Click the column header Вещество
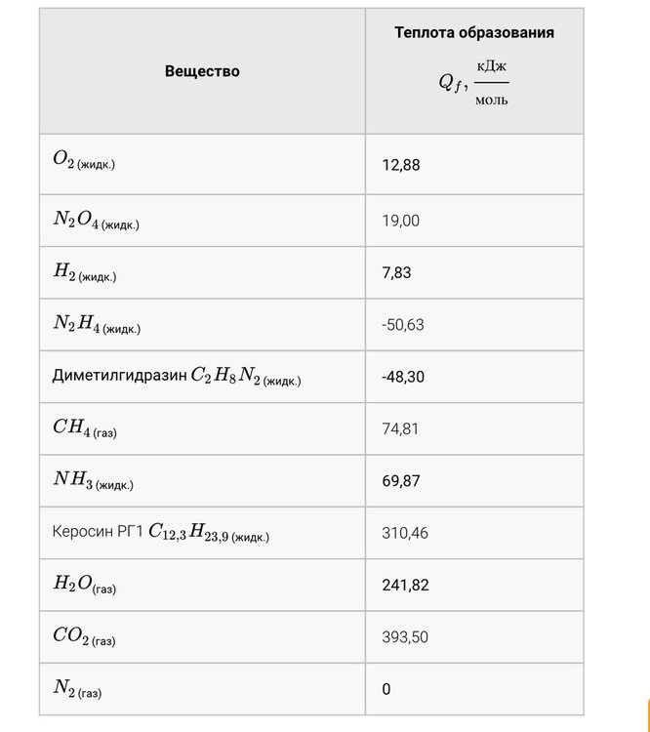click(202, 71)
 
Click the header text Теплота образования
click(474, 33)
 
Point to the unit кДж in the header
click(492, 65)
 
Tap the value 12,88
click(401, 166)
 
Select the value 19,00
click(401, 221)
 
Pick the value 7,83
click(397, 273)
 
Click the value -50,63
click(403, 325)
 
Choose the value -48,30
click(403, 376)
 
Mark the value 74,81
click(400, 428)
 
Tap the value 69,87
click(401, 480)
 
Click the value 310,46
click(405, 533)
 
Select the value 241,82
click(405, 585)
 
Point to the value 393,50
click(405, 636)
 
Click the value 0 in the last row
click(386, 689)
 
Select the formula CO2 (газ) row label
click(84, 636)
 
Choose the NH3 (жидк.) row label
click(93, 480)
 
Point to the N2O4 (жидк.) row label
click(96, 221)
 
